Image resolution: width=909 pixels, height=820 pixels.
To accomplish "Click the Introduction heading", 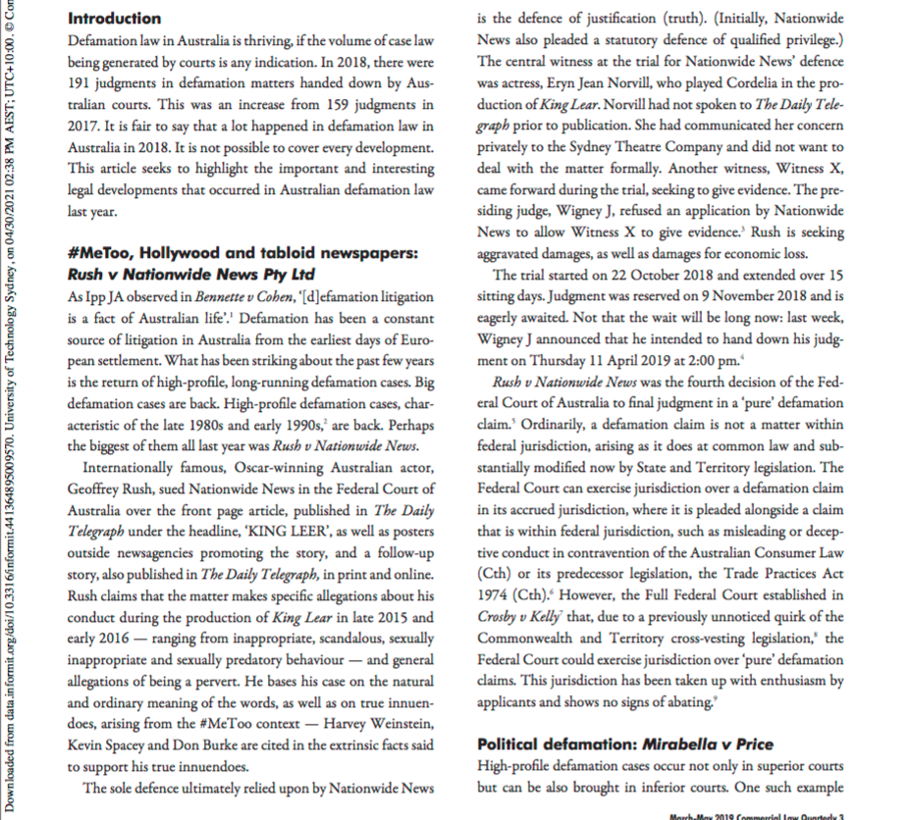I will pos(115,20).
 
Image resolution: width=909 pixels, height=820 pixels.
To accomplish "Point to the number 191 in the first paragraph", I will pos(81,84).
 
